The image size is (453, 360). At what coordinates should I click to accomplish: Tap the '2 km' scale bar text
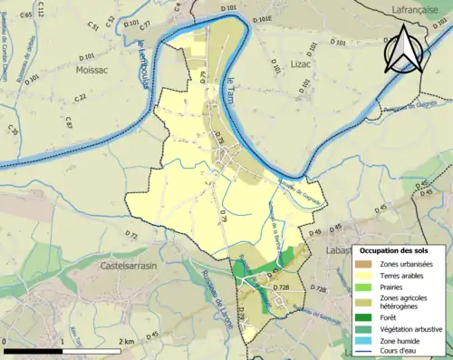point(127,341)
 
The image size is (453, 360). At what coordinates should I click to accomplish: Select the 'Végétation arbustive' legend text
point(411,329)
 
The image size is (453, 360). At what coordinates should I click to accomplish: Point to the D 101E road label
point(261,16)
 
